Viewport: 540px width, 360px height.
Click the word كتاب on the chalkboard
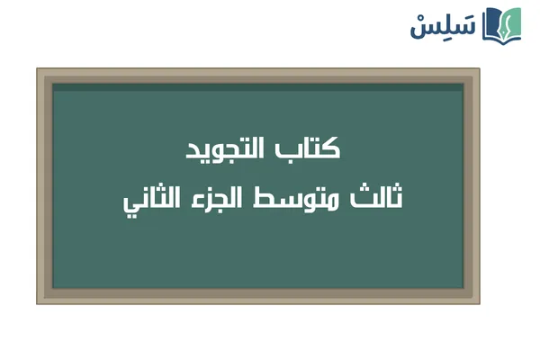314,149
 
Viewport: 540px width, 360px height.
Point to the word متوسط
311,199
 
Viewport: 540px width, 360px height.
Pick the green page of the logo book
512,27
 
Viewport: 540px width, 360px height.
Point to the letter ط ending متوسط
286,199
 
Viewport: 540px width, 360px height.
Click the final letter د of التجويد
193,151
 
